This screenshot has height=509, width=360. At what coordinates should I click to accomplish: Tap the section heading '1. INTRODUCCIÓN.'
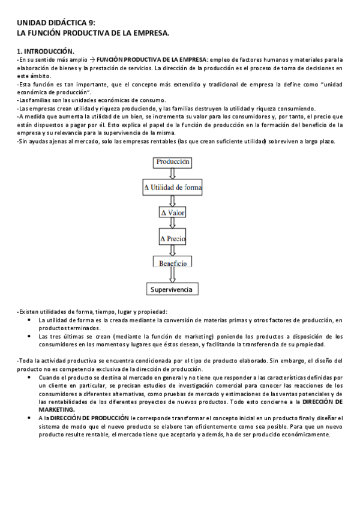tap(45, 52)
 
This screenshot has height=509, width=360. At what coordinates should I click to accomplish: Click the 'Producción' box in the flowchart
tap(173, 161)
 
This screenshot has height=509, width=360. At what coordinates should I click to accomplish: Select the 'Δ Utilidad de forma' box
tap(173, 187)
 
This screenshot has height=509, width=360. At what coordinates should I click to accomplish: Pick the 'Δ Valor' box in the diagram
tap(173, 213)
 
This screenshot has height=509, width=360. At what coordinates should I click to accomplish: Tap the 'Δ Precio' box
tap(173, 239)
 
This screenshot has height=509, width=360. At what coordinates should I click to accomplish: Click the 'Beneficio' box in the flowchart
tap(173, 264)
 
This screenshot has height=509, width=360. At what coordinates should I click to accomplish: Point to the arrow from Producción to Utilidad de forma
tap(173, 173)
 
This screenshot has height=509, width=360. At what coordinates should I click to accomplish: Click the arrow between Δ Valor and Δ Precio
tap(173, 224)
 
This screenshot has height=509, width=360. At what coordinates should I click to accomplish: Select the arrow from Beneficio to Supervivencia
tap(173, 276)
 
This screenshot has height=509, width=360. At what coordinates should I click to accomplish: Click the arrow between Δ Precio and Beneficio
tap(173, 251)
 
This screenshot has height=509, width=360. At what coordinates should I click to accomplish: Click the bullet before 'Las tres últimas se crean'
tap(30, 337)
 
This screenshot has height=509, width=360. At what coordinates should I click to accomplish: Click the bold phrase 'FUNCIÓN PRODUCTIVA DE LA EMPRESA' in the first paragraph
tap(151, 59)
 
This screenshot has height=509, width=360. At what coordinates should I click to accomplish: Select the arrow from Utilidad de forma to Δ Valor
tap(173, 200)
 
